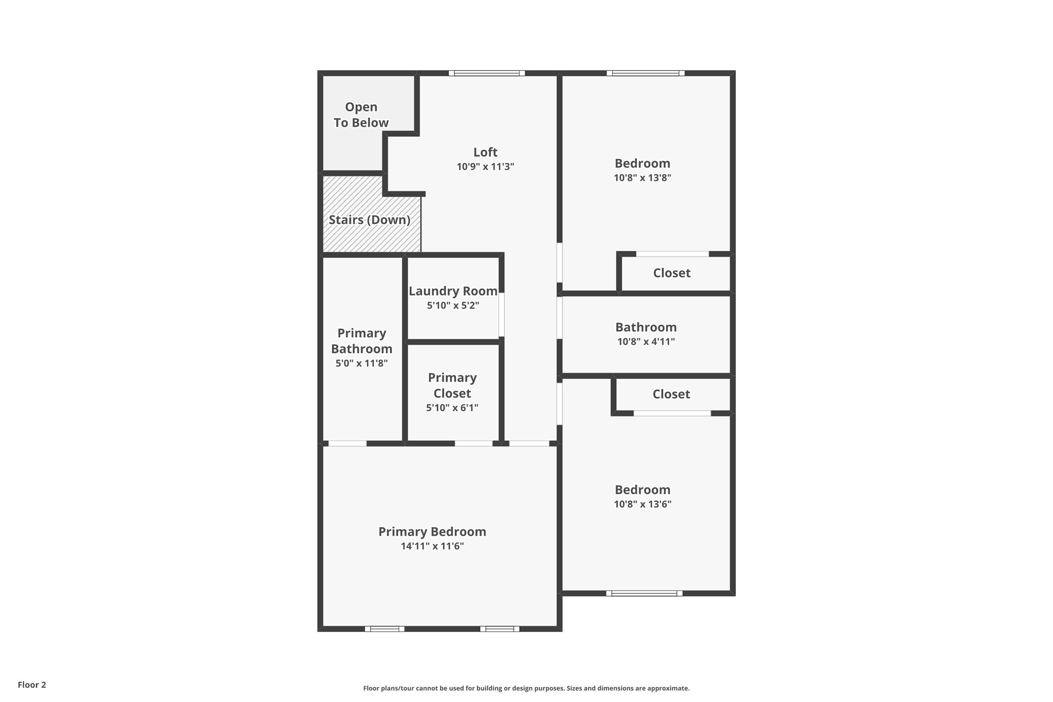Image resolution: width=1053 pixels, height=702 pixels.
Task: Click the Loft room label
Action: point(485,152)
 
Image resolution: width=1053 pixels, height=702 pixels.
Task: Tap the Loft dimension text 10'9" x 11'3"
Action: point(485,167)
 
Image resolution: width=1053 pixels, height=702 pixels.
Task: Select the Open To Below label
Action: point(361,115)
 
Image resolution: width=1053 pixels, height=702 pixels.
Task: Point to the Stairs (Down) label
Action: point(370,220)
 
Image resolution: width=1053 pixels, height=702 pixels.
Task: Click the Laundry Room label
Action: point(453,291)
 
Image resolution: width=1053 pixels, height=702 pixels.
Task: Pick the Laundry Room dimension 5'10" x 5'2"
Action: point(453,305)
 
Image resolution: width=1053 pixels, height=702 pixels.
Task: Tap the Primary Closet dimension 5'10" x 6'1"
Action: point(452,408)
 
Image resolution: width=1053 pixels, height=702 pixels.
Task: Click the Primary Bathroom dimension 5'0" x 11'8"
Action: point(362,363)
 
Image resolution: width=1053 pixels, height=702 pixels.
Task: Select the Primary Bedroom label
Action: point(432,532)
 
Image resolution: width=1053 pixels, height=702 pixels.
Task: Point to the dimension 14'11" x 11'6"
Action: point(432,546)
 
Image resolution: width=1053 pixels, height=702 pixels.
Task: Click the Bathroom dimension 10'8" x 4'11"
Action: point(646,342)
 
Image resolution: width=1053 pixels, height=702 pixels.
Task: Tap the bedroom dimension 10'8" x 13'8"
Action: point(643,178)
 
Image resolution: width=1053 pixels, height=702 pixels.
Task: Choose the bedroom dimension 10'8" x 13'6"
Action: point(643,504)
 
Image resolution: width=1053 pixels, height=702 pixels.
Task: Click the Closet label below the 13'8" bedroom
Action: point(672,273)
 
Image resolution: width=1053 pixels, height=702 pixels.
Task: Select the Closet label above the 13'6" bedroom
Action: point(671,394)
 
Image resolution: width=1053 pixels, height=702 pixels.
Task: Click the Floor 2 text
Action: point(32,685)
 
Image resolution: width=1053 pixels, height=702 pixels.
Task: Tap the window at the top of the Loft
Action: point(487,73)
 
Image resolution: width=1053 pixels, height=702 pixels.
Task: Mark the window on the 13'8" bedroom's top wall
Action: point(646,73)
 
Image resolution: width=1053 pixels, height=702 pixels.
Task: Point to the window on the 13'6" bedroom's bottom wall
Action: point(644,593)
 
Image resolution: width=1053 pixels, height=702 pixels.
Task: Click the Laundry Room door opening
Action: point(502,315)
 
